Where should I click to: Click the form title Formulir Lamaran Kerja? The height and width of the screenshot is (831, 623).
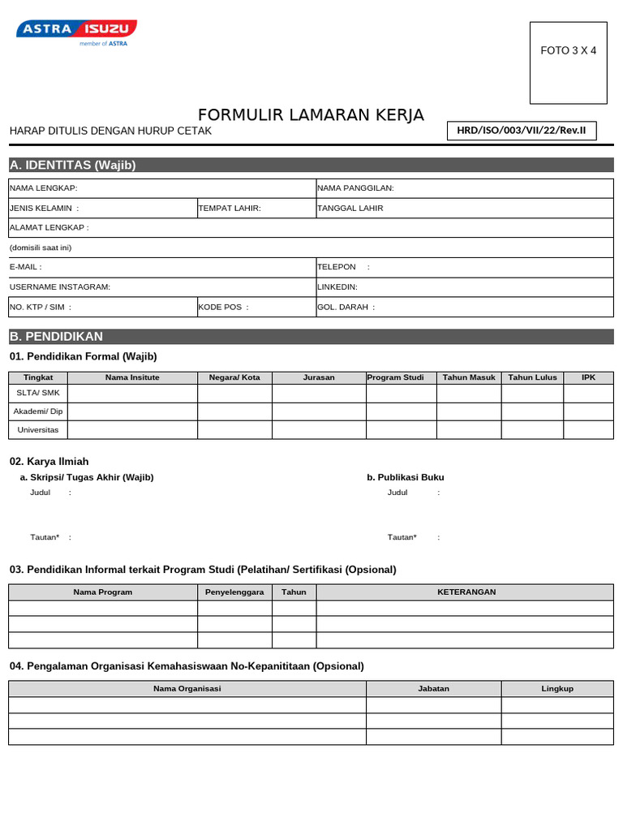tap(311, 115)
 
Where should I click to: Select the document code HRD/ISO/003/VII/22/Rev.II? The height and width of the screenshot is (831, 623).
tap(522, 131)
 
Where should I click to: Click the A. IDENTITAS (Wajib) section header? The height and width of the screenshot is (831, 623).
tap(72, 166)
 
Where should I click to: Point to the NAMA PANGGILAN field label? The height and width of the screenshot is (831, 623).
tap(355, 188)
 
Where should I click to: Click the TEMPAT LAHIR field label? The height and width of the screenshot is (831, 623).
tap(230, 208)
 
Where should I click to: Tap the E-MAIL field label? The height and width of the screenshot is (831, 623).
tap(25, 267)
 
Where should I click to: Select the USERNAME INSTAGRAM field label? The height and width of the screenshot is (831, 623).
tap(60, 286)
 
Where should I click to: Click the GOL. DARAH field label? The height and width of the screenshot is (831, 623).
tap(346, 307)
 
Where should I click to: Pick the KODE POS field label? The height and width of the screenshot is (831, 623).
tap(224, 307)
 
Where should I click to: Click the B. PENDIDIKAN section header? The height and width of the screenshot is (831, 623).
tap(56, 336)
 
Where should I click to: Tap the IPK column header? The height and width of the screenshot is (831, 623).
tap(588, 377)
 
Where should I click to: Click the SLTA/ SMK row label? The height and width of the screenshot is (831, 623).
tap(38, 393)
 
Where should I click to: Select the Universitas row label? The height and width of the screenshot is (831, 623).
tap(38, 429)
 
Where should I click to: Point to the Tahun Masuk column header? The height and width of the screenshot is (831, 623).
tap(469, 377)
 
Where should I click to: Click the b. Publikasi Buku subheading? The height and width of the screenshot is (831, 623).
tap(406, 477)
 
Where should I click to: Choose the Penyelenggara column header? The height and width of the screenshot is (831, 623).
tap(234, 592)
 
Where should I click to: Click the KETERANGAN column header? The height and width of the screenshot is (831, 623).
tap(466, 592)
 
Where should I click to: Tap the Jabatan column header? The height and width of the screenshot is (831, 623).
tap(433, 688)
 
